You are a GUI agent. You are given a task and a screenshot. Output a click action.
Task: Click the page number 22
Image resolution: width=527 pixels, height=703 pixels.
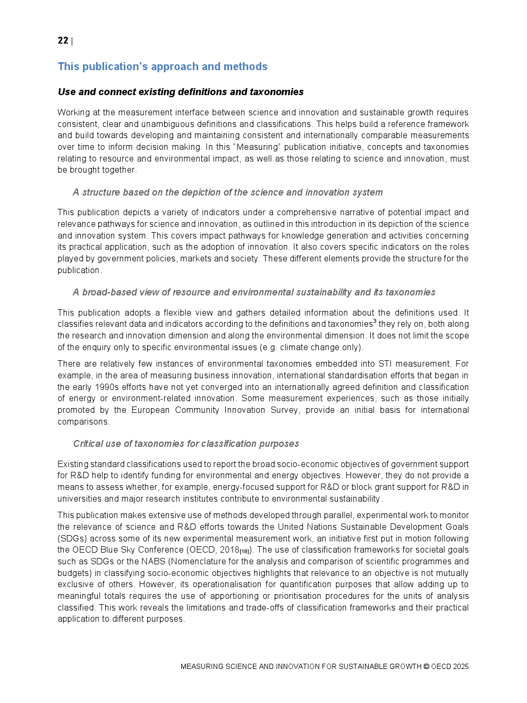coord(63,41)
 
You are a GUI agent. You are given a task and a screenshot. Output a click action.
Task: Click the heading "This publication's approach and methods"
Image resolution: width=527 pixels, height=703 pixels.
coord(163,66)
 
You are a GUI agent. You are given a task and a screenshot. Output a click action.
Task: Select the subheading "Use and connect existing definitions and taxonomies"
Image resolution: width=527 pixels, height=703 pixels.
coord(181,92)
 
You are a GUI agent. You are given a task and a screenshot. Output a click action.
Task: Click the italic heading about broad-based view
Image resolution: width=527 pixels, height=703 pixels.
coord(254,292)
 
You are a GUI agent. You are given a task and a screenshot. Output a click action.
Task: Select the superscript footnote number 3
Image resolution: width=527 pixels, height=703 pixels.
coord(375,321)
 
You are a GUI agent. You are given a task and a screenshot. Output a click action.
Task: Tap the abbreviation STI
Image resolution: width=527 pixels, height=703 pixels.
coord(385,364)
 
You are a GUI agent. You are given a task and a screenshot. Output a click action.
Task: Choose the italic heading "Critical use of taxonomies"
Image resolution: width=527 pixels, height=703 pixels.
coord(186,444)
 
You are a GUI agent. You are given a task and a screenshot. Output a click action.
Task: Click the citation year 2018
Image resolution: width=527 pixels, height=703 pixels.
coord(229,550)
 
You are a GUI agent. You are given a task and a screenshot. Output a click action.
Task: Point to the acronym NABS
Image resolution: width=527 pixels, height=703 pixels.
coord(154,562)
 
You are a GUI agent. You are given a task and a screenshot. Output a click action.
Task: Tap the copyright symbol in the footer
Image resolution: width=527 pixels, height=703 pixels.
coord(426,667)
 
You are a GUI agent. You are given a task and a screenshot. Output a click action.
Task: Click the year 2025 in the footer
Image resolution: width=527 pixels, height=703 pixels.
coord(461,667)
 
